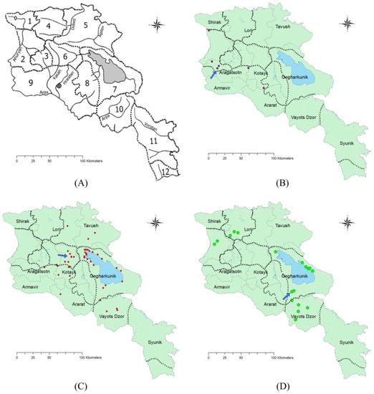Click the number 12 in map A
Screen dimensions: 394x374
point(166,171)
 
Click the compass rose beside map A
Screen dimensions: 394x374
point(158,26)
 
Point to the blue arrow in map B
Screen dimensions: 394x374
point(212,73)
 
